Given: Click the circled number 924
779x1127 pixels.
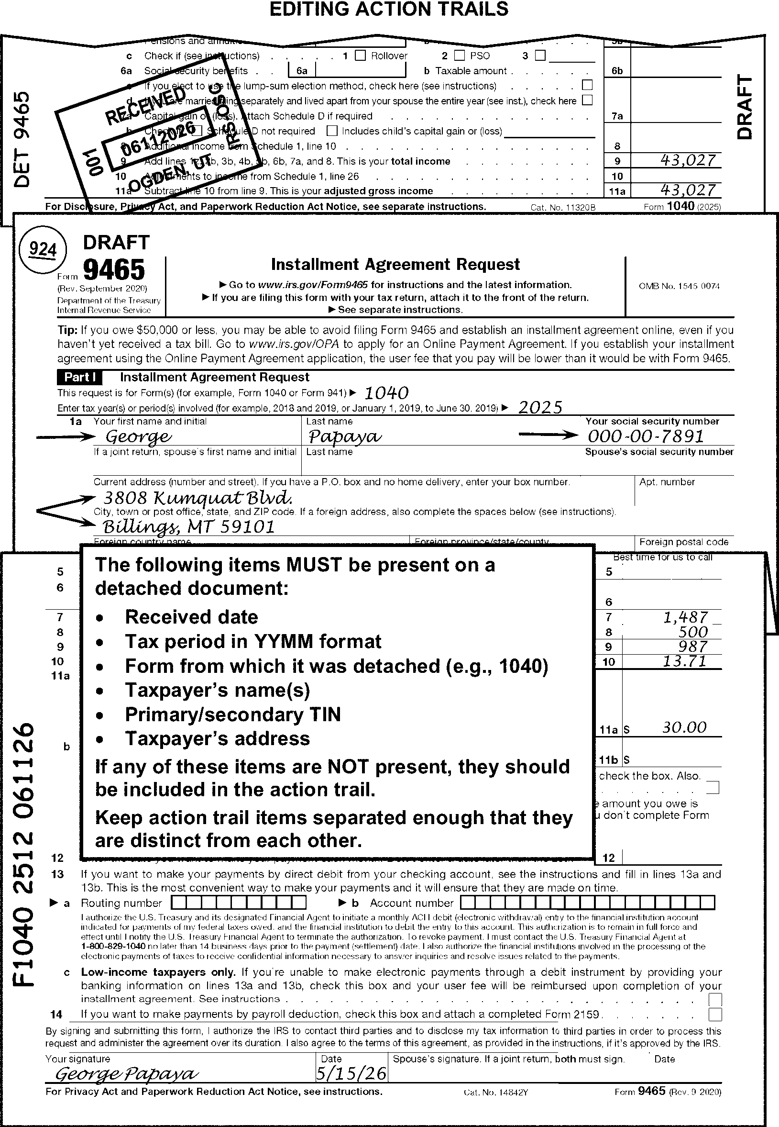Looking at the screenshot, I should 43,250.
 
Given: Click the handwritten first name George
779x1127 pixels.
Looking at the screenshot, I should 138,436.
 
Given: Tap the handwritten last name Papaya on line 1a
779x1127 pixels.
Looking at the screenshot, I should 344,436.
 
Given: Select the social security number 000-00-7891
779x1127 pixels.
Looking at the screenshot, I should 645,436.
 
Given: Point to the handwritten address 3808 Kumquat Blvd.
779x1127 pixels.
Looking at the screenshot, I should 197,498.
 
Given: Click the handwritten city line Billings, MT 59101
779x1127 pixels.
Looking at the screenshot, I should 188,527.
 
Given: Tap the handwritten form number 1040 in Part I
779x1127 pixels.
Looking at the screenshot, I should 386,392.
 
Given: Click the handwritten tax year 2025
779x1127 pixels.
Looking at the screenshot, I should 540,407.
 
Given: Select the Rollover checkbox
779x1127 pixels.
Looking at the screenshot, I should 360,56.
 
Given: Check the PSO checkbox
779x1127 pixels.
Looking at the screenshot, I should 459,56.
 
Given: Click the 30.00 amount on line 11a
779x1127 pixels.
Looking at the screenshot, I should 684,728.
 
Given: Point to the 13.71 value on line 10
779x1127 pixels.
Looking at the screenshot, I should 684,661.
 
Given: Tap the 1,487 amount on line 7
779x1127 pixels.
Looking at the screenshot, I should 686,617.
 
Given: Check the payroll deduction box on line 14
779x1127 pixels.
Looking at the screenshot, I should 715,1015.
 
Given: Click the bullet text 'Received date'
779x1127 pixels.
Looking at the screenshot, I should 191,617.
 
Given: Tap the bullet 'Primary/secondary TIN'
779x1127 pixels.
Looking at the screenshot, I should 233,714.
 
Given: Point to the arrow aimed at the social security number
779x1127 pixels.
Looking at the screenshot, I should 548,435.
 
